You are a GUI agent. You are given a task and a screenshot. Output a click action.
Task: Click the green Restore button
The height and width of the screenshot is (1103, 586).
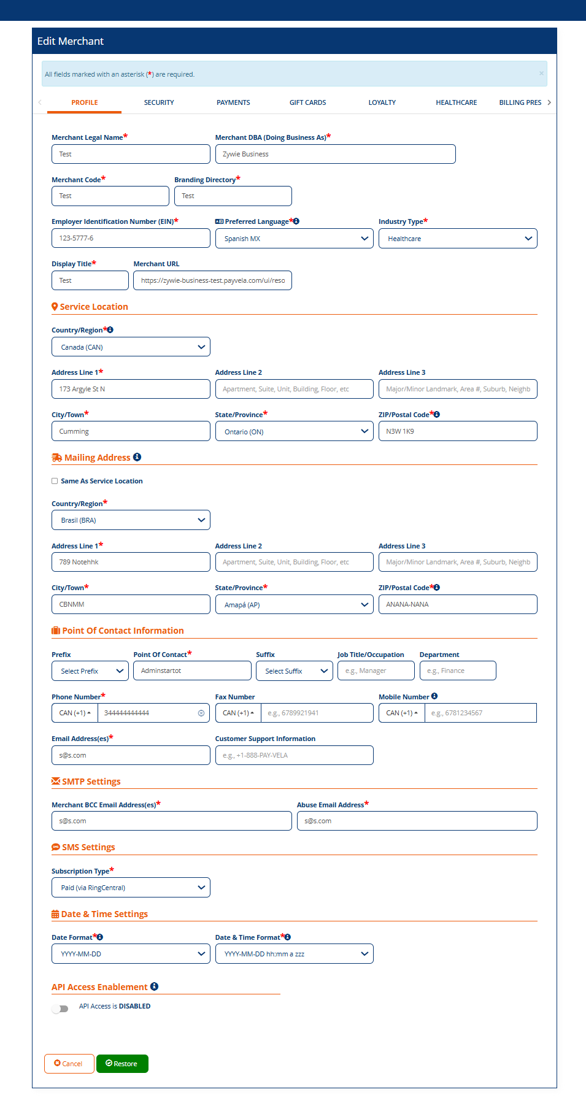click(x=122, y=1063)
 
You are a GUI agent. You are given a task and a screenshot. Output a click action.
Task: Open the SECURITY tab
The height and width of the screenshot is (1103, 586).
click(x=159, y=102)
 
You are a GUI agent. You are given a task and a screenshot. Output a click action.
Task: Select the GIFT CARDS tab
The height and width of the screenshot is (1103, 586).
click(x=307, y=102)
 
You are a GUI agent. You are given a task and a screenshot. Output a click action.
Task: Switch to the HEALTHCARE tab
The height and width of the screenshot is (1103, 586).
click(x=456, y=102)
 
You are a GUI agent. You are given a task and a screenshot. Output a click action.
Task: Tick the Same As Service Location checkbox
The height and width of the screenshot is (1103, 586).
click(x=55, y=481)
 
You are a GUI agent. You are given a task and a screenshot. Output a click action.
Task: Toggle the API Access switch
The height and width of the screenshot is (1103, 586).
click(x=60, y=1009)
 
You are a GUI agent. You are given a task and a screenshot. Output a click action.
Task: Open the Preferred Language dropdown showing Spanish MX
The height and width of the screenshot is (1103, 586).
click(x=294, y=239)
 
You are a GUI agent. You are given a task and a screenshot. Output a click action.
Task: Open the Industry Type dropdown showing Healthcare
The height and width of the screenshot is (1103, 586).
click(x=457, y=239)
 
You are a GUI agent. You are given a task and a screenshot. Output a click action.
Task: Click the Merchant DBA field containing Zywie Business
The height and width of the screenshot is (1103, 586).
click(x=335, y=154)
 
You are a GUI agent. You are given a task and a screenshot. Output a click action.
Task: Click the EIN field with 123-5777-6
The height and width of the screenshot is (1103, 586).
click(x=131, y=238)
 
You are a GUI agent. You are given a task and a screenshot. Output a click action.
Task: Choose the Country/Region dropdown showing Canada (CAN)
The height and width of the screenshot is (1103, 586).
click(x=131, y=347)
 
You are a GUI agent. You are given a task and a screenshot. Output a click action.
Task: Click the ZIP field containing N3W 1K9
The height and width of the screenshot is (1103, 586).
click(x=457, y=431)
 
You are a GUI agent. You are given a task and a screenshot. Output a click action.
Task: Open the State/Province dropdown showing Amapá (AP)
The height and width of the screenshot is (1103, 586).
click(x=294, y=605)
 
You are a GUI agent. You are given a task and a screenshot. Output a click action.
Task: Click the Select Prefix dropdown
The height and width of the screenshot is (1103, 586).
click(x=90, y=671)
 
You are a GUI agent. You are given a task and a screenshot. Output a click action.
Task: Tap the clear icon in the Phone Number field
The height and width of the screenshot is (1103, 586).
click(x=201, y=713)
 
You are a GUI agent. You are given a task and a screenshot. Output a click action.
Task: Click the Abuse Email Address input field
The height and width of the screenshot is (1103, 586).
click(x=417, y=821)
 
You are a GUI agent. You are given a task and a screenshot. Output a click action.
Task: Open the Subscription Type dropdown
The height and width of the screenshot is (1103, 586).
click(x=131, y=888)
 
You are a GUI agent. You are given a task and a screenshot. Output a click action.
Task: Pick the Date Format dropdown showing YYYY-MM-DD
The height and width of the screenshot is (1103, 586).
click(x=131, y=954)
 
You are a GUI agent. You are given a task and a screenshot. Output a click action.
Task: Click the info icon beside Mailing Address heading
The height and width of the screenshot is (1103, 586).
click(x=137, y=457)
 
